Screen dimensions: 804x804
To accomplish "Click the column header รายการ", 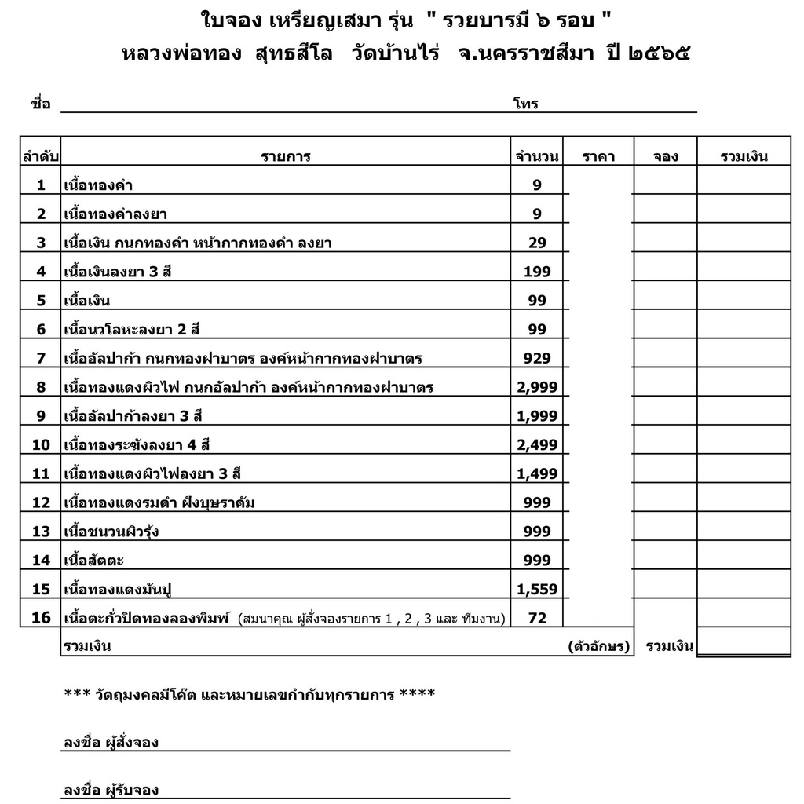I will pos(286,156).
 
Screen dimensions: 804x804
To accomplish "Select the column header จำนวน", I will pos(537,156).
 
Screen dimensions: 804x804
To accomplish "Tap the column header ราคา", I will pos(598,156).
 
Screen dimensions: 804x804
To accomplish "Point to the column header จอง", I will pos(665,156).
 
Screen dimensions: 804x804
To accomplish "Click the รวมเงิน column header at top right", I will pos(744,156).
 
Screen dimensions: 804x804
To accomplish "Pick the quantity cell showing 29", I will pos(537,243).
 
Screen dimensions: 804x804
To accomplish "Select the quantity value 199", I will pos(537,272).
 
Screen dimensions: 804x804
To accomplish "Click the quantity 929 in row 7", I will pos(537,358).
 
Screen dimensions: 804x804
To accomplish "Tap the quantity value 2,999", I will pos(537,387).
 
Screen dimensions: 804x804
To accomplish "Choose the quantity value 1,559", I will pos(537,589).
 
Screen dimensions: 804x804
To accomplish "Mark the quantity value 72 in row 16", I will pos(537,618).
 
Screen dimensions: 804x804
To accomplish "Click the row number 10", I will pos(41,445).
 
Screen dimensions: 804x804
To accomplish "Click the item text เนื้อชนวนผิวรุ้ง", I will pos(111,532).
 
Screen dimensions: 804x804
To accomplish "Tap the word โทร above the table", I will pos(525,104).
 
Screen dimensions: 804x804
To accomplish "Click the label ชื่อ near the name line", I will pos(41,104).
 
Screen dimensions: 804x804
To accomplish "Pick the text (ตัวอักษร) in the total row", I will pos(598,647).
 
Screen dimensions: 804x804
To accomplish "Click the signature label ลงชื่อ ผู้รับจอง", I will pos(111,790).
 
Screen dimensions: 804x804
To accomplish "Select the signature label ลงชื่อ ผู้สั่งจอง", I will pos(111,742).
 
